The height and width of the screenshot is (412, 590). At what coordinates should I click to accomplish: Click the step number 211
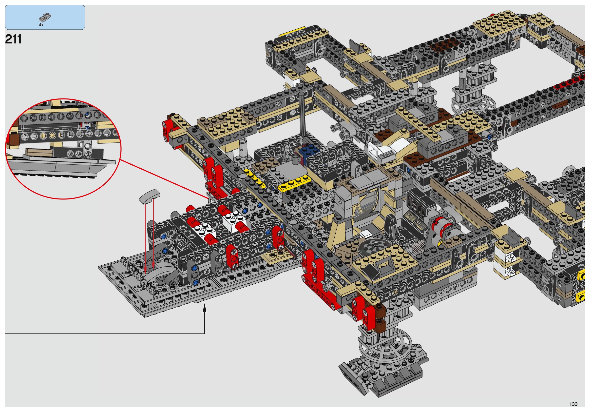coord(13,39)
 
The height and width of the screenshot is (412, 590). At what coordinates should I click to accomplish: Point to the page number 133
coord(573,404)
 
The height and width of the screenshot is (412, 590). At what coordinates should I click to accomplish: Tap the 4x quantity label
coord(41,25)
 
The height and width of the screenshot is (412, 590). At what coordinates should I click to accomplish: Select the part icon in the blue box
coord(45,18)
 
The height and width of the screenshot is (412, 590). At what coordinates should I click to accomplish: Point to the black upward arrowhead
coord(205,308)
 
